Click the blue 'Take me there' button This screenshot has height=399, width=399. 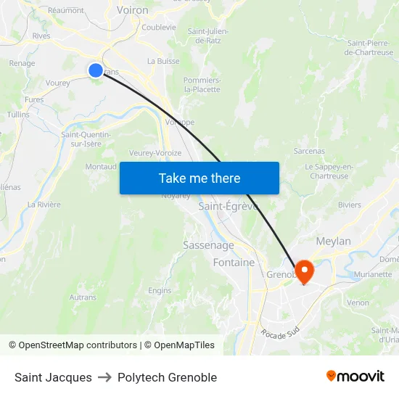[x=199, y=178]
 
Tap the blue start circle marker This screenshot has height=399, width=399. [x=96, y=70]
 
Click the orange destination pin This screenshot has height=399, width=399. [x=303, y=272]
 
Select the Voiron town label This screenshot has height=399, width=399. [x=132, y=10]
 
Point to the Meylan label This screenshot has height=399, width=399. [x=333, y=241]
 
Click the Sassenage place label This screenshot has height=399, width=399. [x=208, y=245]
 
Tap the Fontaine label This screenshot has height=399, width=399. [x=234, y=263]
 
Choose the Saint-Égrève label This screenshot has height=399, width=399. [x=228, y=206]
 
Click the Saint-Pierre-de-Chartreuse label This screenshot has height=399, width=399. [x=370, y=48]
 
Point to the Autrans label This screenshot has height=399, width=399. [x=83, y=297]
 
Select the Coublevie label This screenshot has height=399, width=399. [x=159, y=28]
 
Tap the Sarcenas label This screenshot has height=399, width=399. [x=309, y=152]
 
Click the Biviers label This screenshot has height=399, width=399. [x=349, y=205]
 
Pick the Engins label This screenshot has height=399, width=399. [x=160, y=290]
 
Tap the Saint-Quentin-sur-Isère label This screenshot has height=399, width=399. [x=86, y=139]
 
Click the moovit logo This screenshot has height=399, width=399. [x=355, y=376]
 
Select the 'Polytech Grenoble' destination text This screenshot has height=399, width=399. [x=167, y=377]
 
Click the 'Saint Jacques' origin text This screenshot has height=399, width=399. [x=53, y=377]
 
